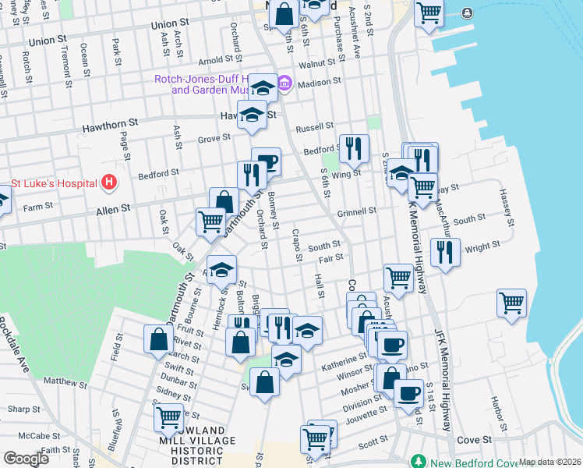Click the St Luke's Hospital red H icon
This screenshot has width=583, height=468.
coord(109,183)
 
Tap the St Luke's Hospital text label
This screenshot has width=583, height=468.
coord(54,184)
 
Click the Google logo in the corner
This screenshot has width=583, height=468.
coord(26,459)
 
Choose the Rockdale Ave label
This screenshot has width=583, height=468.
coord(15,343)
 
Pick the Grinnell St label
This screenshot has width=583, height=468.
coord(357,211)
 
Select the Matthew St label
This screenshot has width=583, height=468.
coord(65,382)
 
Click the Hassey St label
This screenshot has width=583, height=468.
coord(507,207)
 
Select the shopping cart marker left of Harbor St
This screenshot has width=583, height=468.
coord(511,303)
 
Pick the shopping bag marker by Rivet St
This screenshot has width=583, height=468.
coord(158,339)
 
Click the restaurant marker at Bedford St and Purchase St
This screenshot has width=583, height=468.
coord(354,148)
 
